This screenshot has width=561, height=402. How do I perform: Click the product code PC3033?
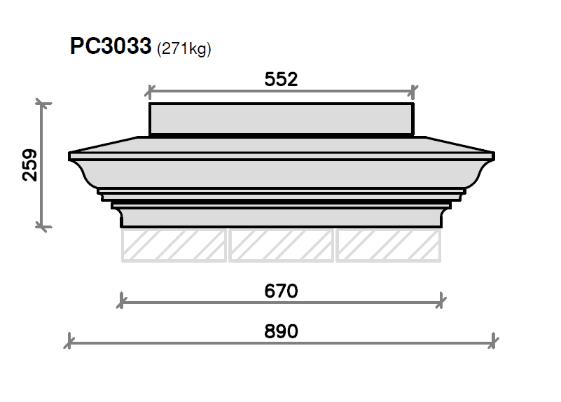click(x=111, y=47)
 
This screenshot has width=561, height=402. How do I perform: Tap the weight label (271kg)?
click(x=184, y=49)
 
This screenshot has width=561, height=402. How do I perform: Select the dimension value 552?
click(x=282, y=79)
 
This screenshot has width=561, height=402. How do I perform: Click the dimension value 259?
click(x=29, y=165)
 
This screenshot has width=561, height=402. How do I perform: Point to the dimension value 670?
click(x=282, y=290)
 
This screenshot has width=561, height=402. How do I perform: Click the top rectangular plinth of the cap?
click(x=282, y=118)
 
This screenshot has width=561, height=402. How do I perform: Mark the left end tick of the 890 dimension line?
click(x=69, y=342)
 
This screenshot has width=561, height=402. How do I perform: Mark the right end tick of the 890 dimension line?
click(x=494, y=342)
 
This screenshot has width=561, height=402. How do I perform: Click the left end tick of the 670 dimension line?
click(x=122, y=302)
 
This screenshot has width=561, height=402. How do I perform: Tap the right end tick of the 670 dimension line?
click(x=442, y=302)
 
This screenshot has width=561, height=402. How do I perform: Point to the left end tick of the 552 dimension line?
click(x=150, y=91)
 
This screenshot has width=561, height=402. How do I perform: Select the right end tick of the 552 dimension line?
click(x=414, y=91)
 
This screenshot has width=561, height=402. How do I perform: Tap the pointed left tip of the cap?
click(x=70, y=154)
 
